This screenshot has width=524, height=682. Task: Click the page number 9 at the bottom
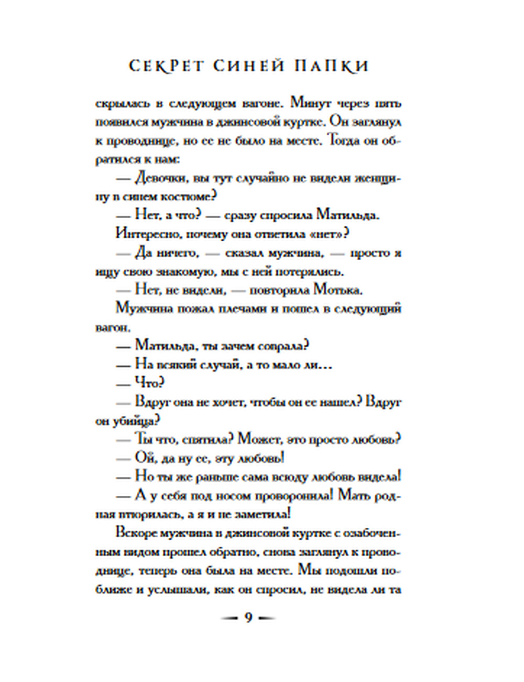point(248,617)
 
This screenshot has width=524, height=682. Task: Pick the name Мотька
point(337,290)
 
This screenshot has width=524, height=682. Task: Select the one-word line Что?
point(150,383)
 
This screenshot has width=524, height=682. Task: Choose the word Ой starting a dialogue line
point(143,458)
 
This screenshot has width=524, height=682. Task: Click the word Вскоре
point(138,533)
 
